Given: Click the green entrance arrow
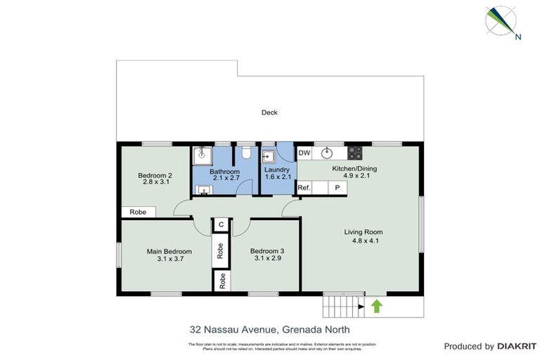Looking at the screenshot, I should pos(376,306).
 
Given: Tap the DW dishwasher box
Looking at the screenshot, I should pos(304,153).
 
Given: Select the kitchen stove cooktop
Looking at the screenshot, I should pos(355,153).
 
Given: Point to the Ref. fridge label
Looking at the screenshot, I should pos(304,188).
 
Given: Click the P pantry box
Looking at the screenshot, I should pos(337,188).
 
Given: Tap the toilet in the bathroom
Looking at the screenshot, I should pos(245,153).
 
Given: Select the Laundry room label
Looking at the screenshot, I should pos(277,170).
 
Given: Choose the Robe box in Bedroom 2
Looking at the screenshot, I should pos(139,212).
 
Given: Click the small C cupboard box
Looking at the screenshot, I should pos(221,224).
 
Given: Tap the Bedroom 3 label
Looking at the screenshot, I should pos(267,250).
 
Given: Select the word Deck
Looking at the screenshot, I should pos(269,112).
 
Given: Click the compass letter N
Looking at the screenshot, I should pos(518,37).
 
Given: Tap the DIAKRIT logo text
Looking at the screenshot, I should pos(517,346).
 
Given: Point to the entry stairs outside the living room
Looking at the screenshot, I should pos(340,307).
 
